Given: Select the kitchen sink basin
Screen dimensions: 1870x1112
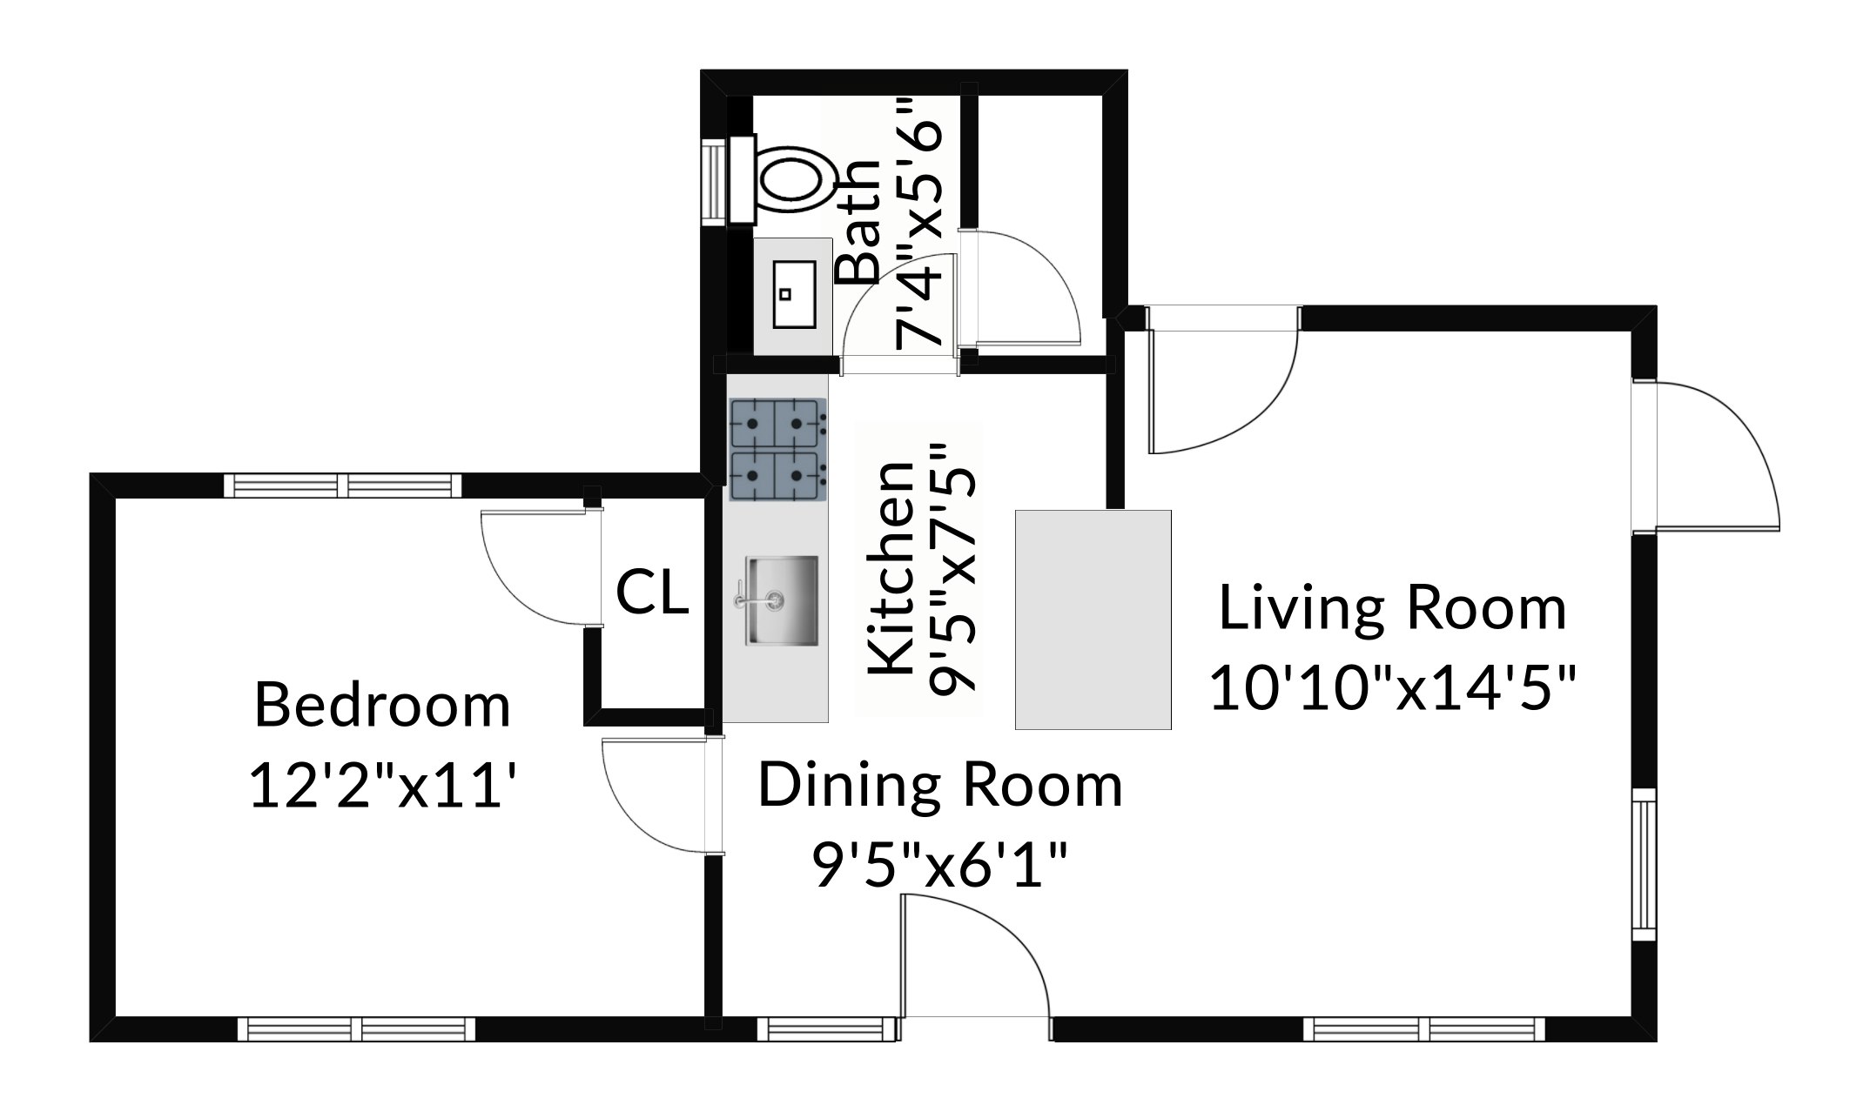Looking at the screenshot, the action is point(781,600).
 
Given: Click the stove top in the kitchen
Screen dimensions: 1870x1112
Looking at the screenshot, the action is point(777,450).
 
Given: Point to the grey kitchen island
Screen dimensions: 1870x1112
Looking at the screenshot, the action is point(1093,620).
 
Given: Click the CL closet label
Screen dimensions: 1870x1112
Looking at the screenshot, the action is point(652,593).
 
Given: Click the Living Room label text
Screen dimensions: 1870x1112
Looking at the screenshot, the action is point(1392,608).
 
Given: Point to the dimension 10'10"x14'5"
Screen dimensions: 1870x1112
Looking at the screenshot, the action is point(1393,687).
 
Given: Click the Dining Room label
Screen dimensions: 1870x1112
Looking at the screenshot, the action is point(940,786).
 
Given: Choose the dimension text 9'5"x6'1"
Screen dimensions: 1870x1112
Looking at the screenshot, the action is point(940,865).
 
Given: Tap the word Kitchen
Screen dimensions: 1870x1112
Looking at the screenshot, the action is point(893,567).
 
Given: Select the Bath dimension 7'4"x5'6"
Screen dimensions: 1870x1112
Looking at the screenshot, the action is point(918,224).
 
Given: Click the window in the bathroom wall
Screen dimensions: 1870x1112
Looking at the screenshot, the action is point(715,183).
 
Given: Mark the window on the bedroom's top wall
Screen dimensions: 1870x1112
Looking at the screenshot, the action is point(343,485).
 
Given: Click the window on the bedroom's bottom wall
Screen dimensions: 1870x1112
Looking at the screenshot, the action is point(357,1029).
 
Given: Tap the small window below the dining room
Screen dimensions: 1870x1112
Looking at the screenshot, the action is point(826,1029).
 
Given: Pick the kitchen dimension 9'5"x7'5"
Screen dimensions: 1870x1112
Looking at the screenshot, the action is point(952,570).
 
